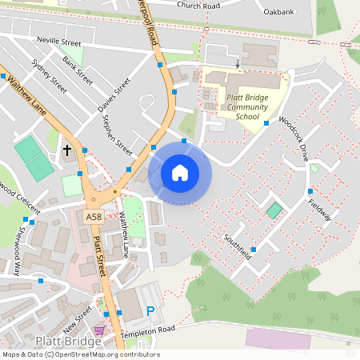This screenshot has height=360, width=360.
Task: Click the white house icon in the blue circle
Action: [180, 172]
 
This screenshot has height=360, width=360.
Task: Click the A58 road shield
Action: [94, 216]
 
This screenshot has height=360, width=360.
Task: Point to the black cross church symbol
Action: [67, 150]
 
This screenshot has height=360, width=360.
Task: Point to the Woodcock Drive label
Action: [294, 140]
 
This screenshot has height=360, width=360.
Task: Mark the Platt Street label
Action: [101, 257]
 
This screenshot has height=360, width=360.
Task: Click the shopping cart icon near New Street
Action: [99, 330]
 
